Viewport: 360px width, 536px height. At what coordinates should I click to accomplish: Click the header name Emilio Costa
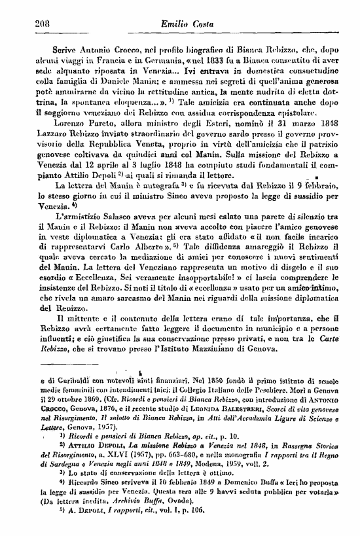point(181,24)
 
